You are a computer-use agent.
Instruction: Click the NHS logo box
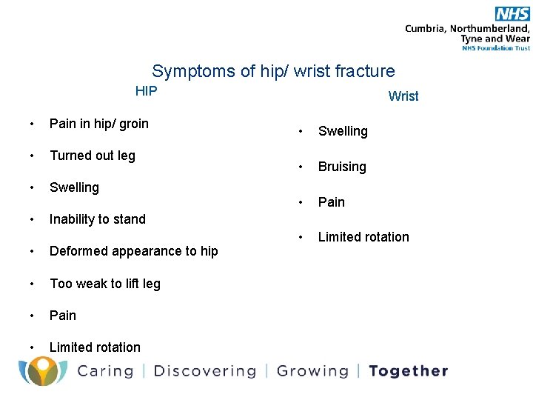click(x=512, y=13)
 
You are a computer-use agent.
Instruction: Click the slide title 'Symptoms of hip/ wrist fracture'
click(x=273, y=71)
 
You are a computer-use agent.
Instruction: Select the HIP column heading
click(x=146, y=91)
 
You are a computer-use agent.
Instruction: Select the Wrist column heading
click(x=403, y=96)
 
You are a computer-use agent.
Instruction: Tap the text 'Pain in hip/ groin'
click(x=98, y=124)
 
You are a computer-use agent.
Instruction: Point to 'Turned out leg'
click(x=92, y=156)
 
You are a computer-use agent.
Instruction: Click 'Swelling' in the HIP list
click(x=74, y=187)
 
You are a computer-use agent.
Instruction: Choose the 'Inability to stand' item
click(x=97, y=219)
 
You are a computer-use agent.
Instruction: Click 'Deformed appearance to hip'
click(x=133, y=251)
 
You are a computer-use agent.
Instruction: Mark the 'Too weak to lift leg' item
click(x=104, y=284)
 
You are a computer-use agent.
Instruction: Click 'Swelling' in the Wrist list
click(x=343, y=131)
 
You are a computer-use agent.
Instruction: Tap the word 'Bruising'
click(x=342, y=167)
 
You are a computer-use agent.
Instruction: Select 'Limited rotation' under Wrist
click(x=363, y=237)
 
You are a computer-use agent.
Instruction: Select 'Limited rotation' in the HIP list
click(x=95, y=347)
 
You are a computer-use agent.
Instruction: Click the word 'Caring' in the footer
click(x=105, y=371)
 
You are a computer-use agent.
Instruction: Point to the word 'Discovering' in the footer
click(x=204, y=371)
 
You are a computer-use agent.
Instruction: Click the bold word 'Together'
click(x=409, y=371)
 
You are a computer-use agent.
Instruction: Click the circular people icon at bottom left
click(x=43, y=370)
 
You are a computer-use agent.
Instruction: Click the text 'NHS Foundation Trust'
click(x=496, y=48)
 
